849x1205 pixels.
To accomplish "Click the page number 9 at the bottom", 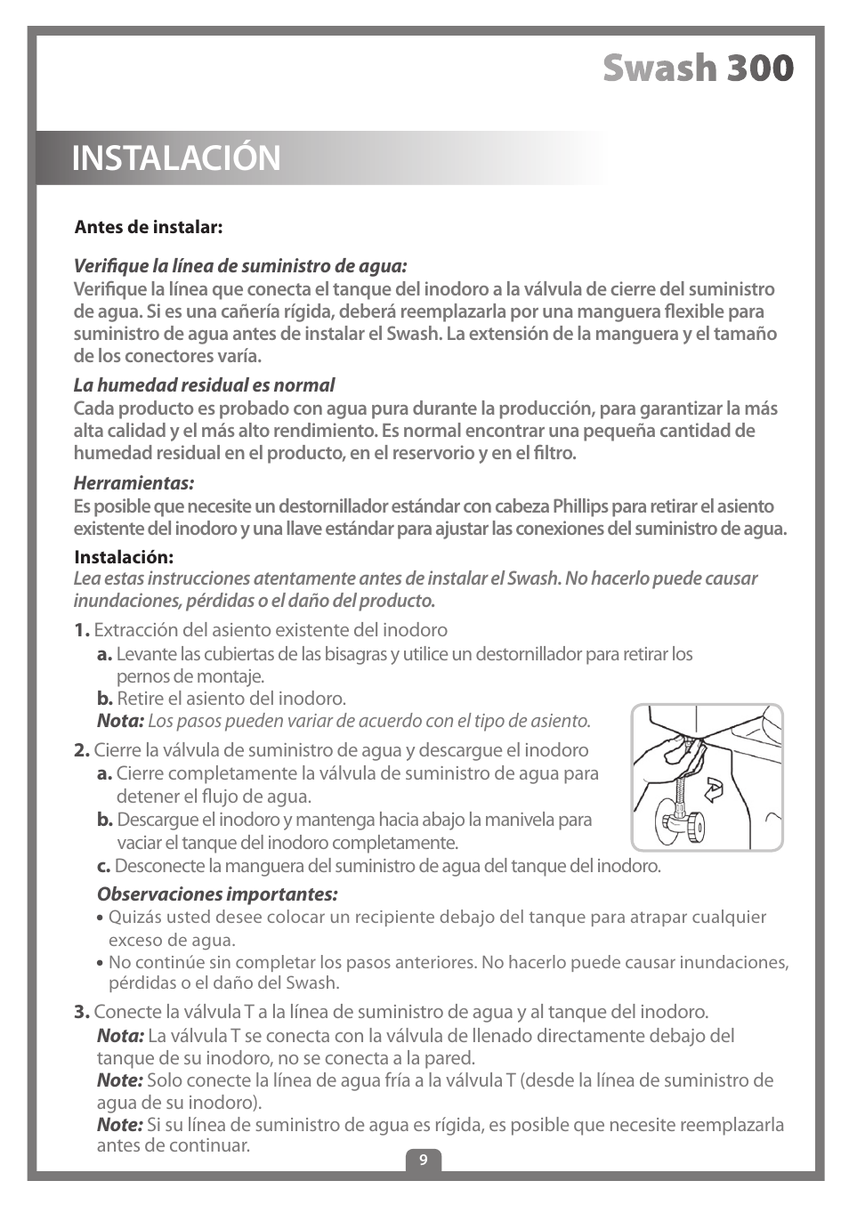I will [424, 1160].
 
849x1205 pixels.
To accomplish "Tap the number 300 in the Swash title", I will [758, 69].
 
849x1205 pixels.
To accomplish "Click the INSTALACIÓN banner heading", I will [176, 158].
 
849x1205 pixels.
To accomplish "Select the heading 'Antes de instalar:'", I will [148, 227].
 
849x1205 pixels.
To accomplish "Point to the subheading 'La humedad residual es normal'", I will [204, 385].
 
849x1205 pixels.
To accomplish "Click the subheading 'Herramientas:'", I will [133, 483].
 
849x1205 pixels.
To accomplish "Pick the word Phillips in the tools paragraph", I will [580, 506].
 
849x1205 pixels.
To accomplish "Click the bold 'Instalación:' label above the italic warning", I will [124, 557].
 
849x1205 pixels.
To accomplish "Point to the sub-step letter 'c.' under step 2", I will [103, 866].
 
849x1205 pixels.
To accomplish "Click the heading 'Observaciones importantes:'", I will [217, 894].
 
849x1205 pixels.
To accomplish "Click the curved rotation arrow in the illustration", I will [713, 789].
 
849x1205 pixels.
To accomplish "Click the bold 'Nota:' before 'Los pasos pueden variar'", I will [120, 721].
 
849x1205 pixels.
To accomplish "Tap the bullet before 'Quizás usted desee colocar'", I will [100, 918].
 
